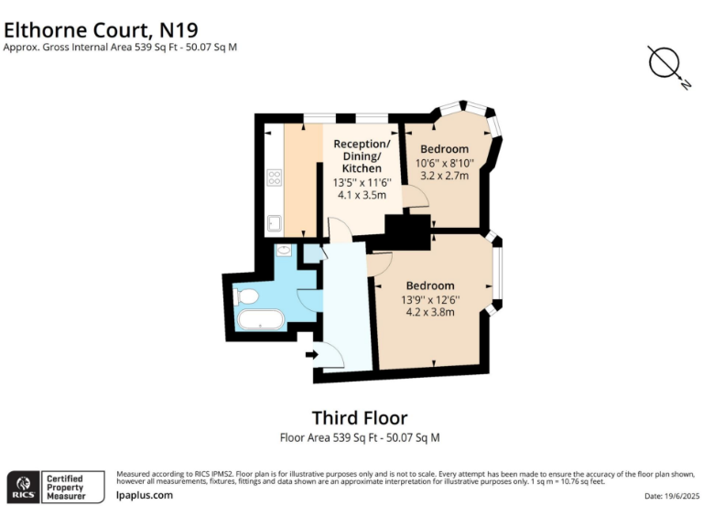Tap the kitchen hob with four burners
pyautogui.click(x=274, y=177)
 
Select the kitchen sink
pyautogui.click(x=274, y=221)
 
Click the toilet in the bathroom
pyautogui.click(x=246, y=296)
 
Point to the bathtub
pyautogui.click(x=261, y=320)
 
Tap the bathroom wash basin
pyautogui.click(x=283, y=250)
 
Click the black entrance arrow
pyautogui.click(x=311, y=355)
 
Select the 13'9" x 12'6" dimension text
pyautogui.click(x=430, y=299)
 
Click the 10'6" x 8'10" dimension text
pyautogui.click(x=444, y=163)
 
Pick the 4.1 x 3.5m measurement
pyautogui.click(x=360, y=195)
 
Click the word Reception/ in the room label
pyautogui.click(x=362, y=145)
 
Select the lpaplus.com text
pyautogui.click(x=145, y=495)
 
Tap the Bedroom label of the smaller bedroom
pyautogui.click(x=444, y=149)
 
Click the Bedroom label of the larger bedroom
pyautogui.click(x=430, y=285)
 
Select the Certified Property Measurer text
pyautogui.click(x=66, y=487)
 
